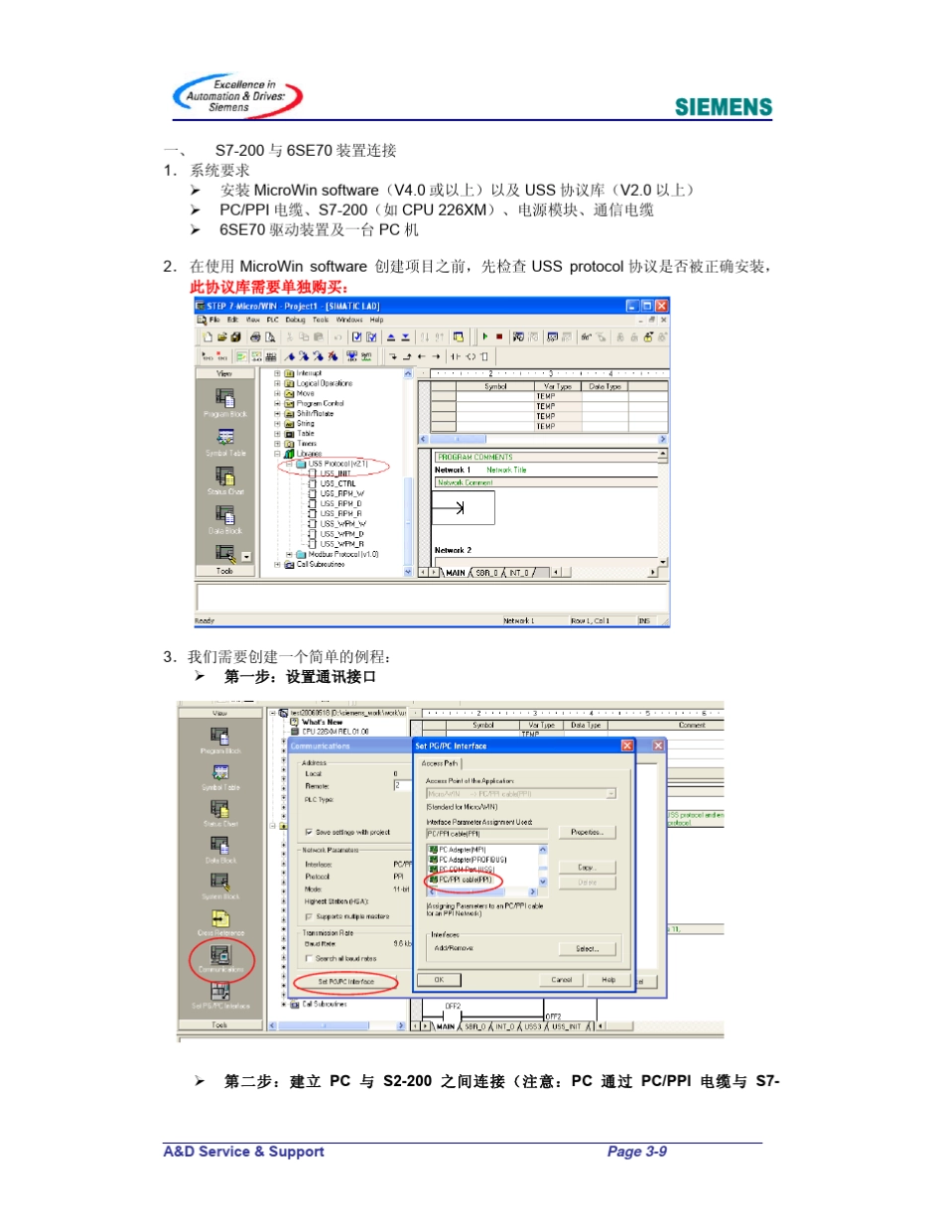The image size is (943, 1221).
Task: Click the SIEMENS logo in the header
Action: point(724,107)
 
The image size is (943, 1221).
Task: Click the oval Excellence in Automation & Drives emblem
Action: point(236,96)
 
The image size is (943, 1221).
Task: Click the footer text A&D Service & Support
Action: point(244,1152)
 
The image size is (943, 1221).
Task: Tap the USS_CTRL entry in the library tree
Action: point(337,483)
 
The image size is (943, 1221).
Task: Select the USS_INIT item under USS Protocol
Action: point(337,474)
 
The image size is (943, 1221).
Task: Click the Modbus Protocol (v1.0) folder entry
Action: point(343,554)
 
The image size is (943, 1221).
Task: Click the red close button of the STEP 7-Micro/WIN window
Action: point(662,306)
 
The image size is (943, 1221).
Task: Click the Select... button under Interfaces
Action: point(587,948)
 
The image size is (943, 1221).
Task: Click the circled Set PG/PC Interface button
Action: point(345,982)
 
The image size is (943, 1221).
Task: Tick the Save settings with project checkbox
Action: point(309,832)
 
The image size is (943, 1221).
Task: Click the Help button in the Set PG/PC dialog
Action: point(608,979)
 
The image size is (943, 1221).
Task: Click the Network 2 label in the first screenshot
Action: point(453,549)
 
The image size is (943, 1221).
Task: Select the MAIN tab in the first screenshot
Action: point(456,572)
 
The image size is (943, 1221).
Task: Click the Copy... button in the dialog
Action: point(586,867)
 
